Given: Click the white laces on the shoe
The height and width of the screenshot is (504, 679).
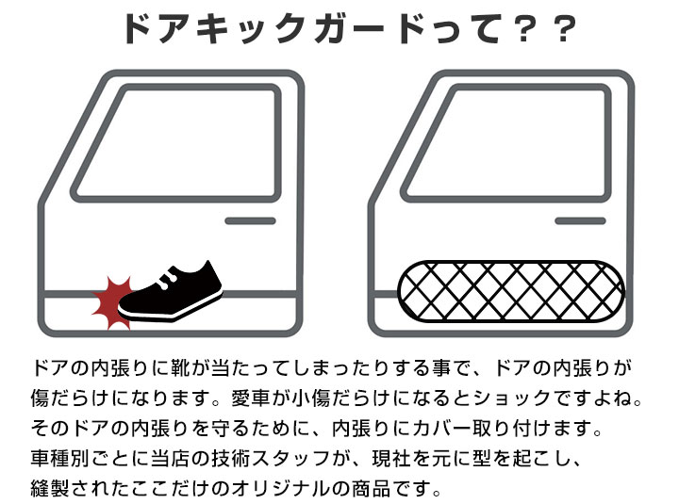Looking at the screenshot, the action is click(x=166, y=278).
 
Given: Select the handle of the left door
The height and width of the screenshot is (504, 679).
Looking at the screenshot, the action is click(x=250, y=221).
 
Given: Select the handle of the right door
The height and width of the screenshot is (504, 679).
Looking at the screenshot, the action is click(x=580, y=221).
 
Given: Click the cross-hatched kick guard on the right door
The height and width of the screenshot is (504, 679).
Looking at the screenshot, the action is click(x=511, y=292).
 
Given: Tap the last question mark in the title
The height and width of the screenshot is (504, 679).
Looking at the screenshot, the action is click(x=563, y=29).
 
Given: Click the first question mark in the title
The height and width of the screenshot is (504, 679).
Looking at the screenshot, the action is click(x=523, y=29).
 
